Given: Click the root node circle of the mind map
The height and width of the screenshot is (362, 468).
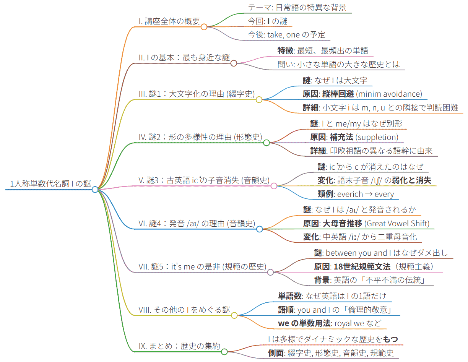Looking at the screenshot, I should [x=95, y=189].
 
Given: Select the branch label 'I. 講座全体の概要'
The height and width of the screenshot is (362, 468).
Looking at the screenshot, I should [x=169, y=21].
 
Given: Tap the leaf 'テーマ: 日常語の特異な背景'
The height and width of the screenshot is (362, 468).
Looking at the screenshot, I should [x=297, y=7].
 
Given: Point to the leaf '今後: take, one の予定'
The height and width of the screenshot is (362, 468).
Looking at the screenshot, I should [x=286, y=35].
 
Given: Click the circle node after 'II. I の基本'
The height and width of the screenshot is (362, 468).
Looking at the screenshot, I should [x=234, y=63].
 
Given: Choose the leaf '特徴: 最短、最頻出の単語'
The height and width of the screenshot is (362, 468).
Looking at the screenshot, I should [x=323, y=50].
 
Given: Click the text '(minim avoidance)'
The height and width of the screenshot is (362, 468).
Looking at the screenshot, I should [x=390, y=94].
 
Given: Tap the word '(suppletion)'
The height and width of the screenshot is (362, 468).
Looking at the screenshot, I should [x=377, y=137].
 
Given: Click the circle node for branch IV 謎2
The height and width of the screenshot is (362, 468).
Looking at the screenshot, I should [x=266, y=143].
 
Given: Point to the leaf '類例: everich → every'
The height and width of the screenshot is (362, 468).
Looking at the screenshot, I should [x=356, y=194].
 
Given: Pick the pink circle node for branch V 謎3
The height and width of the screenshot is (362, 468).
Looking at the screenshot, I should [x=274, y=186].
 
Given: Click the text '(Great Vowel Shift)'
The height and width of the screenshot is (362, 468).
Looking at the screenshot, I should [x=397, y=223].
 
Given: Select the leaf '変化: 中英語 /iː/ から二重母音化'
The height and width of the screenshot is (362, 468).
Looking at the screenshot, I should [x=360, y=237].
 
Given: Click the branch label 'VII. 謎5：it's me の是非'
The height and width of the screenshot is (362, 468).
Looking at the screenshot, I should [x=202, y=267].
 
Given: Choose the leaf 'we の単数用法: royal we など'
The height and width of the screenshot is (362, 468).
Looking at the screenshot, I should [x=330, y=323].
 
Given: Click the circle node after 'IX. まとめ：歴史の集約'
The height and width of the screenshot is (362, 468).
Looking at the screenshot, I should [x=224, y=352].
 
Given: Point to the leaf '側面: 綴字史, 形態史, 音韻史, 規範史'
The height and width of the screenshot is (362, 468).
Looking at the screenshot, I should [x=331, y=353].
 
